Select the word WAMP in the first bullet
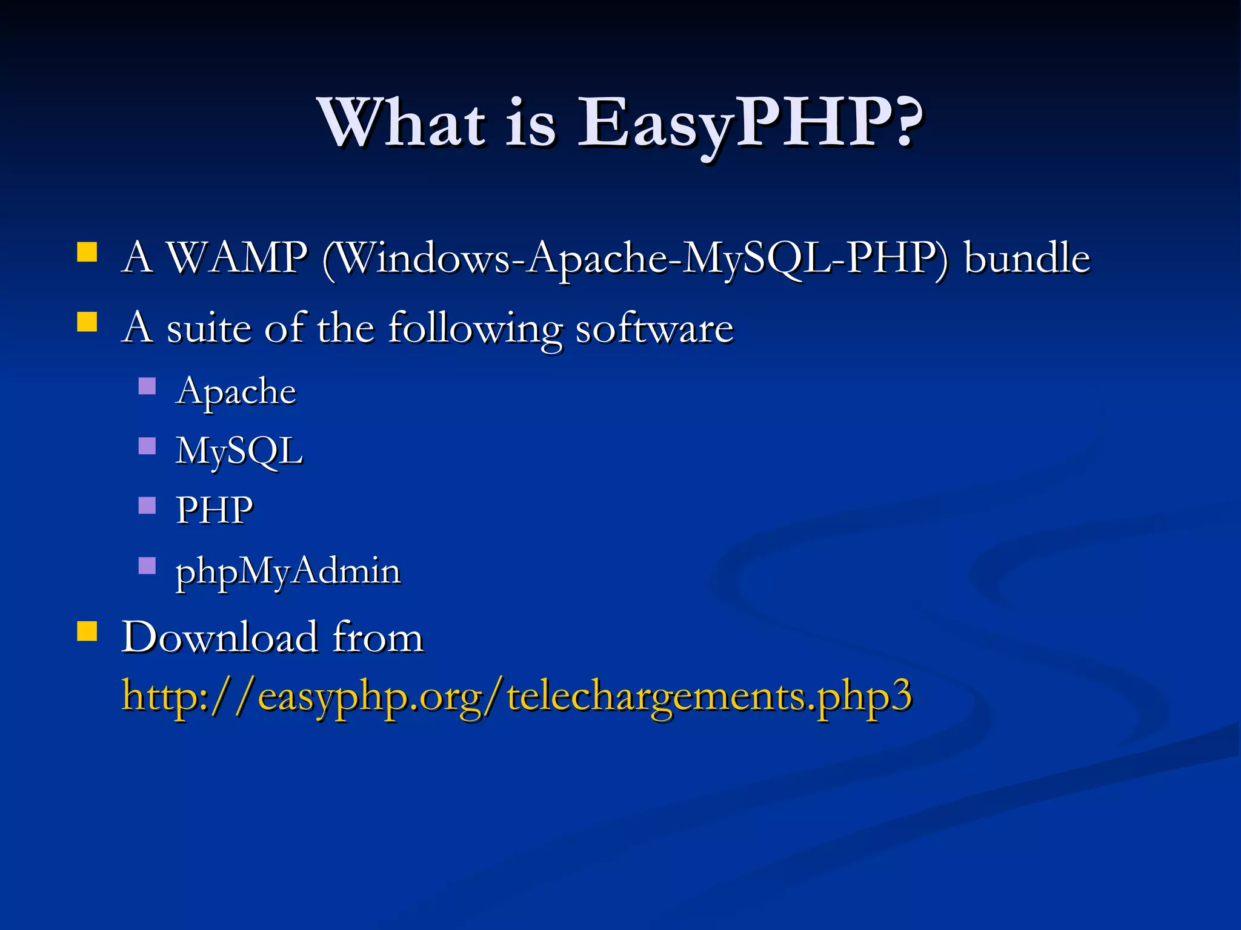point(237,258)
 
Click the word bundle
point(1027,258)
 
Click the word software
point(654,328)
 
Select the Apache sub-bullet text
point(236,391)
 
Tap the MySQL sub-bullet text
point(239,451)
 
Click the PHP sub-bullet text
point(215,510)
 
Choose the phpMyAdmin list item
point(288,571)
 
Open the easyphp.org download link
point(516,696)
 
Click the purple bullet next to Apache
point(147,386)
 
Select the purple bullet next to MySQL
point(147,446)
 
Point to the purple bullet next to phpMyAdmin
point(147,566)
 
